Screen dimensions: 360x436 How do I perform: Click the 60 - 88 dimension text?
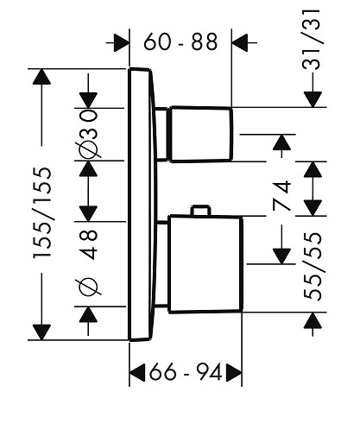point(180,42)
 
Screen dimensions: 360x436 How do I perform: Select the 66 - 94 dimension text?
point(186,372)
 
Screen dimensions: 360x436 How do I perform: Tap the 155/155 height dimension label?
point(42,212)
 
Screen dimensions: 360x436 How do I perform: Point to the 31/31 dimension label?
point(311,39)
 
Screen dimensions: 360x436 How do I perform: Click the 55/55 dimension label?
point(312,266)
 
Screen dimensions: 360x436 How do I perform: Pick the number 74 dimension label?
point(281,195)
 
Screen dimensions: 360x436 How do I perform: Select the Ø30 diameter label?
point(88,133)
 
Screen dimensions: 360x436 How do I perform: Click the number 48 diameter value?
point(88,244)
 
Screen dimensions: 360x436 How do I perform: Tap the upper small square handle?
point(201,134)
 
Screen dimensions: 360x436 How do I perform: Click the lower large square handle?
point(205,264)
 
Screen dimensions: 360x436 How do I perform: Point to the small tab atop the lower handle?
point(201,210)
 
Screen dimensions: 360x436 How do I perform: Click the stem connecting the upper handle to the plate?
point(161,134)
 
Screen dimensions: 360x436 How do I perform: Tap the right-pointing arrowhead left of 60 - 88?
point(122,42)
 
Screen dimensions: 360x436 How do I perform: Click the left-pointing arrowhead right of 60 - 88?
point(239,42)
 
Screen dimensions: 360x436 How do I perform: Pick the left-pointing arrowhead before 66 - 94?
point(137,372)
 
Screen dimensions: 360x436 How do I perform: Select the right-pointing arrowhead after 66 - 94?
point(234,372)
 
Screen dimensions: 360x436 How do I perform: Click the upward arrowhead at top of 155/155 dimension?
point(42,77)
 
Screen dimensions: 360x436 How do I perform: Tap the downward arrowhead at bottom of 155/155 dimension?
point(42,332)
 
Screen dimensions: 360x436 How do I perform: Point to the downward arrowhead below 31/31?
point(313,99)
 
